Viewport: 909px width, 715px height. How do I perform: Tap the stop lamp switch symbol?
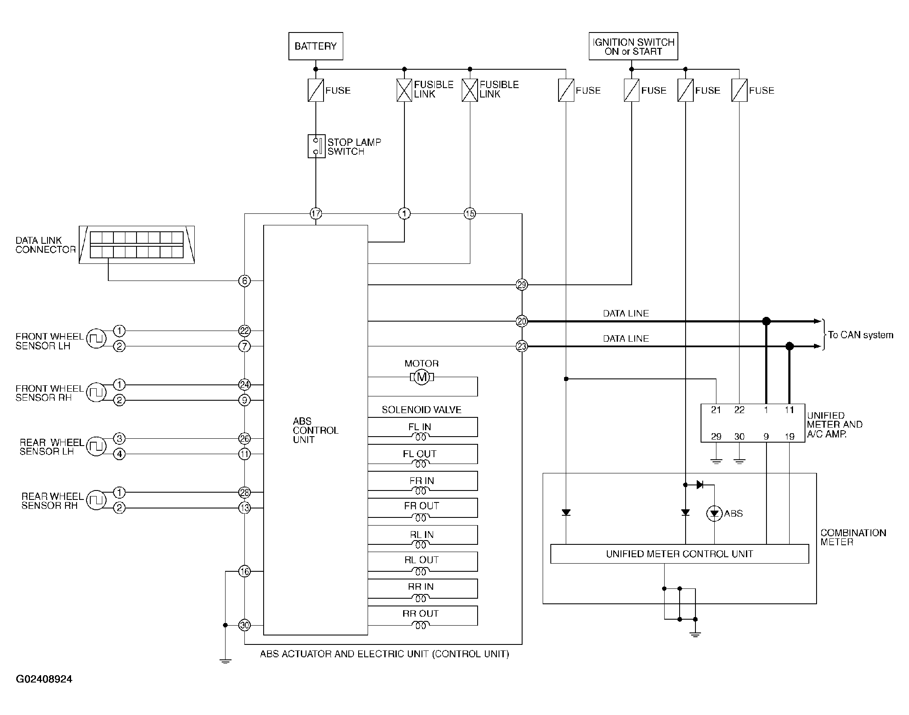tap(316, 146)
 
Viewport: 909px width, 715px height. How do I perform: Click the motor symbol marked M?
tap(422, 377)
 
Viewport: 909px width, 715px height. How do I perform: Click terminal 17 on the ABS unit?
tap(316, 213)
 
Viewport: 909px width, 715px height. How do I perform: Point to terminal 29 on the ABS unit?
tap(522, 284)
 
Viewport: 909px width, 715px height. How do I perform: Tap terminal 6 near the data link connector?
tap(244, 281)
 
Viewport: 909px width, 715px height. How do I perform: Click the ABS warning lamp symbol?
tap(714, 514)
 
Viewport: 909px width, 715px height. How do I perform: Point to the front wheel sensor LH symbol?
tap(96, 338)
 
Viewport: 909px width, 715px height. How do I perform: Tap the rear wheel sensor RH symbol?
tap(96, 500)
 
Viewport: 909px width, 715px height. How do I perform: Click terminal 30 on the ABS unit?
tap(244, 625)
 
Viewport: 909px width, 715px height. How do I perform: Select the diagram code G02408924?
tap(44, 680)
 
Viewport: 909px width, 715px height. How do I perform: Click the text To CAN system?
tap(861, 335)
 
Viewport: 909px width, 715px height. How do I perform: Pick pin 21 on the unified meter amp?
tap(716, 410)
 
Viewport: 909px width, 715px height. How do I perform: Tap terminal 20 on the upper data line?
tap(522, 321)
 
